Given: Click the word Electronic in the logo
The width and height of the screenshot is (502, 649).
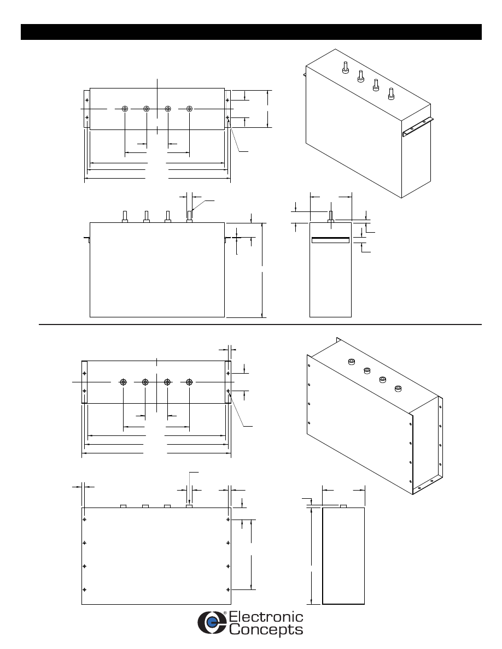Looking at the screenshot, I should pyautogui.click(x=266, y=618).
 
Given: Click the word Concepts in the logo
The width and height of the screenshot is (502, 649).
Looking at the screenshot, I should pyautogui.click(x=266, y=630).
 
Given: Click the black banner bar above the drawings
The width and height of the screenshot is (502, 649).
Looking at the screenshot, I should pyautogui.click(x=251, y=32).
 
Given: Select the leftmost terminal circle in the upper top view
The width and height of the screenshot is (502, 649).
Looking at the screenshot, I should pyautogui.click(x=125, y=109).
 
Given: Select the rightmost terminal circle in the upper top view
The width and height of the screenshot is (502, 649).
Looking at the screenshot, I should pyautogui.click(x=189, y=109).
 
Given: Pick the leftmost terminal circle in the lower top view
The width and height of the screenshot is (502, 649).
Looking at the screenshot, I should pyautogui.click(x=124, y=382).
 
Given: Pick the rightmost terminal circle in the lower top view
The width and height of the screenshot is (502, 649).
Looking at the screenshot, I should pyautogui.click(x=189, y=382).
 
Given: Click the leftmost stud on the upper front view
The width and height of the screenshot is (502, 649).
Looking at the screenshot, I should pyautogui.click(x=125, y=216).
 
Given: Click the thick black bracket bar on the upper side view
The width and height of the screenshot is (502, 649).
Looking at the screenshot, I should pyautogui.click(x=330, y=240).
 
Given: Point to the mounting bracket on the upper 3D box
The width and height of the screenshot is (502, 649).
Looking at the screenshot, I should pyautogui.click(x=418, y=126).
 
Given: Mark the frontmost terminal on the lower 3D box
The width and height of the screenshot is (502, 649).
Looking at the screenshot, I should pyautogui.click(x=398, y=389).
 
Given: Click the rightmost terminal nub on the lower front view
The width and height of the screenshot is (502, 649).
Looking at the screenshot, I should pyautogui.click(x=189, y=506).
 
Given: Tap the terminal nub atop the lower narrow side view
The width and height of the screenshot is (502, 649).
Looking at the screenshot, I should pyautogui.click(x=343, y=506).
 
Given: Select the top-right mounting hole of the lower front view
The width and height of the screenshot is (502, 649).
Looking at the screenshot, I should pyautogui.click(x=228, y=520).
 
